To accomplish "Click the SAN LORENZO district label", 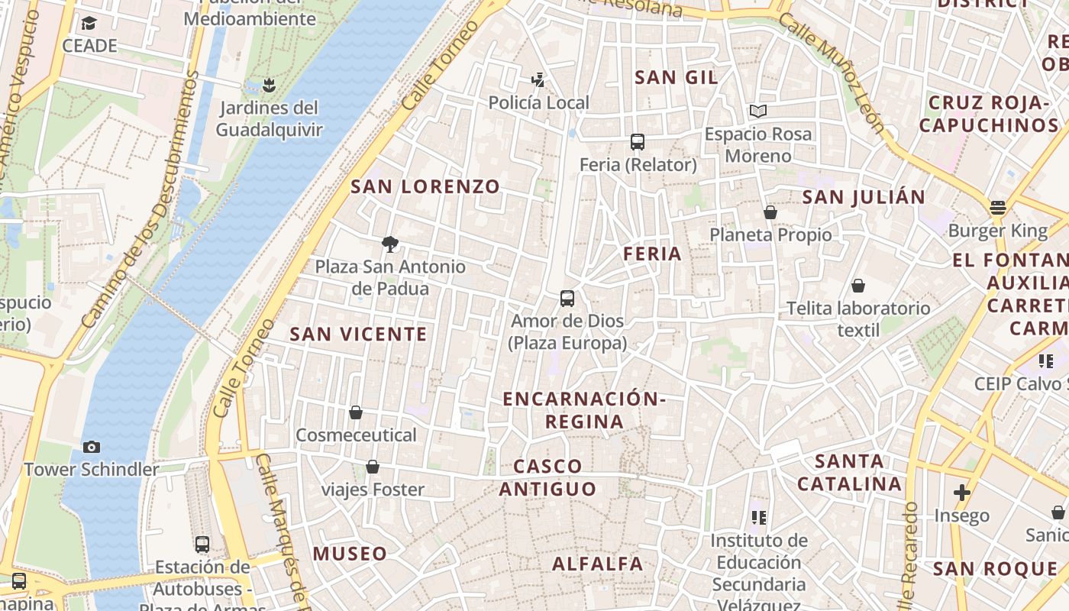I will [425, 186].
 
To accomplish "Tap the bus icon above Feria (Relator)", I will [638, 141].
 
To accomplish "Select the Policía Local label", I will [538, 102].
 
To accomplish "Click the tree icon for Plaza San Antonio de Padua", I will [390, 244].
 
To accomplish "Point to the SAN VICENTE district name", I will [358, 334].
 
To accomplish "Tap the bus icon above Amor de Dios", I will [567, 298].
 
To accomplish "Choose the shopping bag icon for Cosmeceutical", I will [356, 412].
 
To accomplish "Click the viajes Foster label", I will [373, 490].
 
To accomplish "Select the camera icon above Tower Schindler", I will [92, 447].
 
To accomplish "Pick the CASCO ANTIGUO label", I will [547, 477].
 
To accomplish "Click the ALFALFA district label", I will [598, 564].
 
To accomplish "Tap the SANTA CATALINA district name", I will [849, 472].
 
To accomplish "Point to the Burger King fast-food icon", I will [998, 207].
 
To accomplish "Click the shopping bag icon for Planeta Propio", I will [770, 212].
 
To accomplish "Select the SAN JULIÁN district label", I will [864, 197].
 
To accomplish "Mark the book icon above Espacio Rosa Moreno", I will [758, 111].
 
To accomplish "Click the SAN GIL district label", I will [677, 77].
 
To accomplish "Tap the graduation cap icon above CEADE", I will [89, 23].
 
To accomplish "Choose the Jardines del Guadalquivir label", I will [269, 118].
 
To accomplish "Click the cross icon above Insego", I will [962, 493].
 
